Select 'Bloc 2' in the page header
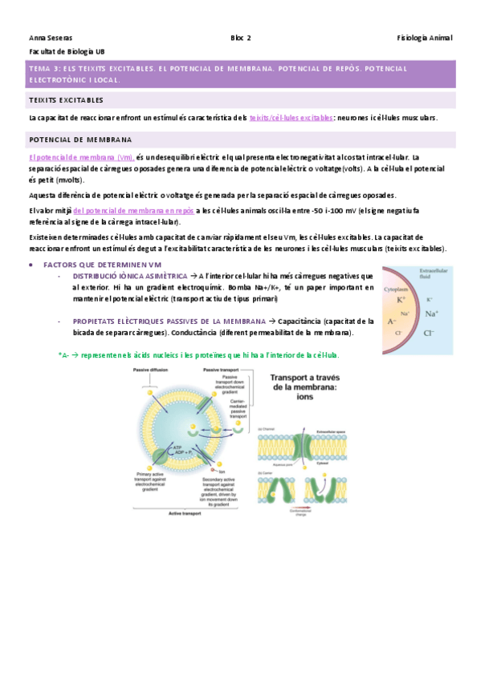click(x=241, y=38)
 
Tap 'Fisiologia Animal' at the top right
click(x=425, y=38)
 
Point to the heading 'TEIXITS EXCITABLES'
click(x=66, y=100)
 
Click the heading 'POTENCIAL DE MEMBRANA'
click(x=75, y=140)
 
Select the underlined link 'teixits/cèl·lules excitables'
click(x=291, y=118)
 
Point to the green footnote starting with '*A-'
click(x=198, y=354)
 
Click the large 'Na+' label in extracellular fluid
click(x=431, y=314)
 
